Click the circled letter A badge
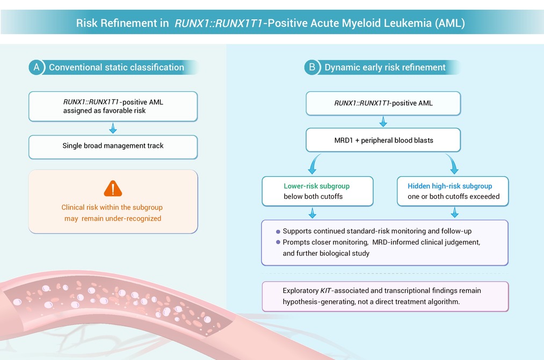tap(37, 67)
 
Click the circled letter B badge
tap(312, 67)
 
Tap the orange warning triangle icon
tap(113, 189)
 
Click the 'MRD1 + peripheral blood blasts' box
tap(383, 140)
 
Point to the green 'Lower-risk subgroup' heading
tap(316, 186)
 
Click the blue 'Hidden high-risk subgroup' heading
tap(449, 186)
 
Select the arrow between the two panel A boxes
tap(113, 128)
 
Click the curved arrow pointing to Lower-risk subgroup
tap(314, 163)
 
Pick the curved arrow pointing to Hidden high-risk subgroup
tap(453, 163)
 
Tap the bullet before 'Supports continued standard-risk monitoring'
tap(278, 232)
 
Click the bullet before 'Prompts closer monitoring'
tap(278, 242)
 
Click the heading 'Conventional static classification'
tap(116, 67)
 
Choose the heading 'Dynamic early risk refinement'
tap(385, 67)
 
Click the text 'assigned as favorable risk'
tap(104, 111)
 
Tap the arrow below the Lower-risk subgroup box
tap(312, 213)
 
